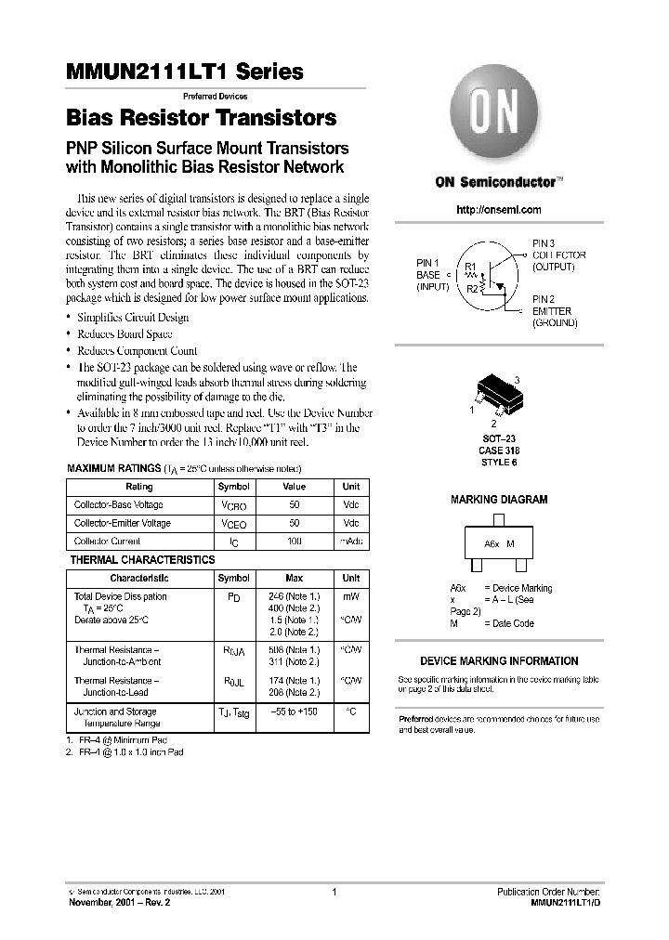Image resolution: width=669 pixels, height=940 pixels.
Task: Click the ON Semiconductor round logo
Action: click(498, 115)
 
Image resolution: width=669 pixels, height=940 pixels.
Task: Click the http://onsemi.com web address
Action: click(498, 211)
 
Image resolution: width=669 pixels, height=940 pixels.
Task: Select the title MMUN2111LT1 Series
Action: click(184, 72)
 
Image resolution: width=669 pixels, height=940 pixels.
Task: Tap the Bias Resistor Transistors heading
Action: click(201, 119)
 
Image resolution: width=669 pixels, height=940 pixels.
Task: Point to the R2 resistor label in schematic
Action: click(473, 289)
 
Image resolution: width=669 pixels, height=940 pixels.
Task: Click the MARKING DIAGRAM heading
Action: click(499, 500)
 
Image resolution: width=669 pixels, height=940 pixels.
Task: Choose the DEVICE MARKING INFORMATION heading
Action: click(499, 661)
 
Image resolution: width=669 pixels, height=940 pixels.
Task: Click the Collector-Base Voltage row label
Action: click(118, 504)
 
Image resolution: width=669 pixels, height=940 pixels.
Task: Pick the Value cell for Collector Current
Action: click(294, 541)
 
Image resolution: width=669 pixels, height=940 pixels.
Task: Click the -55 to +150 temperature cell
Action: click(294, 712)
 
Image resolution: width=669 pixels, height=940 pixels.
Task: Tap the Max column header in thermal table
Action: click(294, 578)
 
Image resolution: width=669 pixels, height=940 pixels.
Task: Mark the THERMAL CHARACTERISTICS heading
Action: click(142, 560)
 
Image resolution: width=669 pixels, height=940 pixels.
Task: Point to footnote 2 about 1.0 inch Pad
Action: click(129, 751)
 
